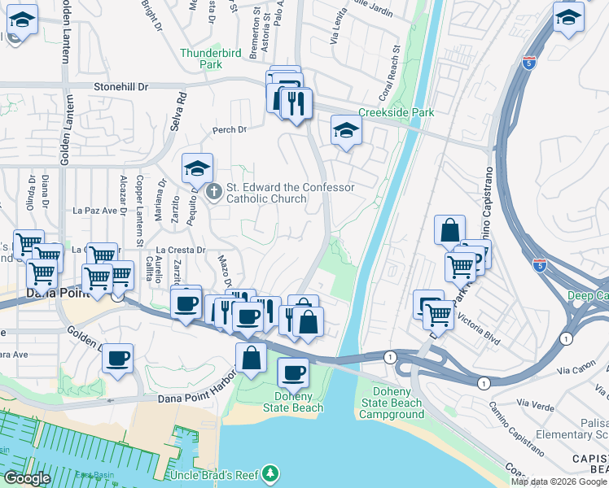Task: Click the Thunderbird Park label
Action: (x=212, y=59)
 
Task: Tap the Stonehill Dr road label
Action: (x=121, y=85)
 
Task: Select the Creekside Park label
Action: (x=397, y=113)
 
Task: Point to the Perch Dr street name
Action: (x=229, y=130)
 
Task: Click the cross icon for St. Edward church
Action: (x=214, y=192)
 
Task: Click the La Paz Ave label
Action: (x=95, y=211)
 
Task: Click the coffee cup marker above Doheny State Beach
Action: (x=293, y=373)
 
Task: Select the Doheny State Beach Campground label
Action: (x=392, y=403)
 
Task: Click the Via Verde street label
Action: (x=534, y=404)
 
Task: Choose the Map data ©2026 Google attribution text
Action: (x=559, y=481)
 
